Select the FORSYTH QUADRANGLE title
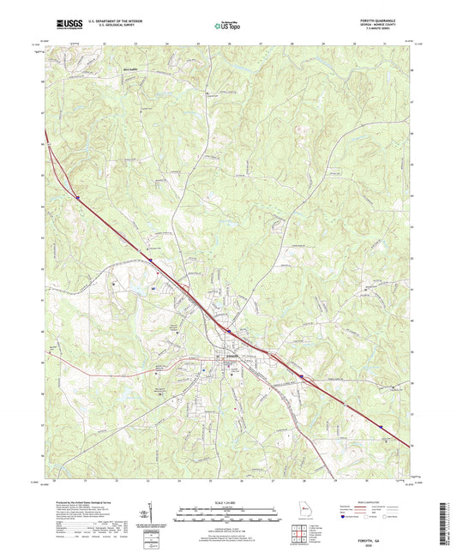[394, 21]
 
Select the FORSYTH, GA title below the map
[394, 506]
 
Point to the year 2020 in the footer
[394, 512]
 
